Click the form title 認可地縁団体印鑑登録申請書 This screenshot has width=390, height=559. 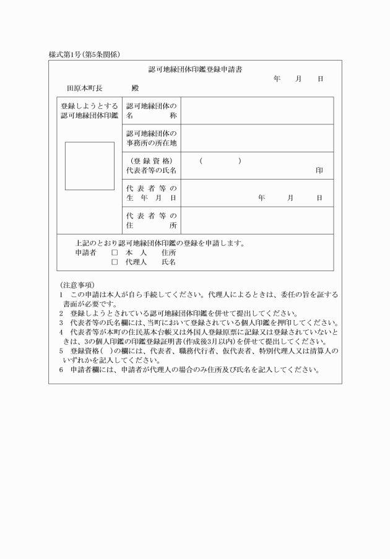tap(195, 69)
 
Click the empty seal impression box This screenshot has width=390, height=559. tap(90, 166)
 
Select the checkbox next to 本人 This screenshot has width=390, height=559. tap(114, 253)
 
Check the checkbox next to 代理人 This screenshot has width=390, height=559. tap(114, 262)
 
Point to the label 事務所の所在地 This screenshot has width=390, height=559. tap(152, 143)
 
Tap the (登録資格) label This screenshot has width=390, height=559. tap(152, 161)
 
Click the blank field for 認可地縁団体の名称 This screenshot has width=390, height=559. tap(257, 111)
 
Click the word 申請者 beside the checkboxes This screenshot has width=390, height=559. tap(86, 253)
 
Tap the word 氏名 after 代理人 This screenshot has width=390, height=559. tap(169, 262)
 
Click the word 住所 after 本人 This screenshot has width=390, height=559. tap(169, 253)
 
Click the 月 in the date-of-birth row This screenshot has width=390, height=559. tap(290, 198)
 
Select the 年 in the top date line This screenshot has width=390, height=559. tap(277, 79)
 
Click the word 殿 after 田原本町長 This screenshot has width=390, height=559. tap(135, 89)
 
